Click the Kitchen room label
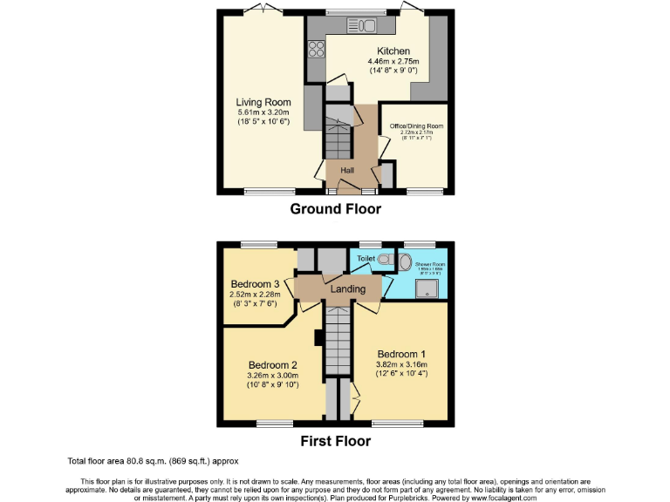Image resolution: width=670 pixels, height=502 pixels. pyautogui.click(x=393, y=51)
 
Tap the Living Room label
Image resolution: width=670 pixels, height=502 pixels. pyautogui.click(x=263, y=102)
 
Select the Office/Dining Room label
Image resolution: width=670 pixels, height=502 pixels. pyautogui.click(x=410, y=126)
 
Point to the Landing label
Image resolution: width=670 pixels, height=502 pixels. pyautogui.click(x=348, y=288)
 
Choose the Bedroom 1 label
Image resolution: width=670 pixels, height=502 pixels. pyautogui.click(x=400, y=354)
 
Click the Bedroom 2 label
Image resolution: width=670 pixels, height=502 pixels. pyautogui.click(x=273, y=364)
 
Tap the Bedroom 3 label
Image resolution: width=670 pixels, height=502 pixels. pyautogui.click(x=255, y=284)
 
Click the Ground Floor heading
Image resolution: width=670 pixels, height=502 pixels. pyautogui.click(x=335, y=209)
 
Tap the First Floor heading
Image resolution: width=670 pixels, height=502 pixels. pyautogui.click(x=335, y=441)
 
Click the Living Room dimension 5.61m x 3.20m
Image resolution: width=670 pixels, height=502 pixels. pyautogui.click(x=263, y=112)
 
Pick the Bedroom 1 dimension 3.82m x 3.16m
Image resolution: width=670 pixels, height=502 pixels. pyautogui.click(x=400, y=364)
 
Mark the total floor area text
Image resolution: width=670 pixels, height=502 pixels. pyautogui.click(x=153, y=461)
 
